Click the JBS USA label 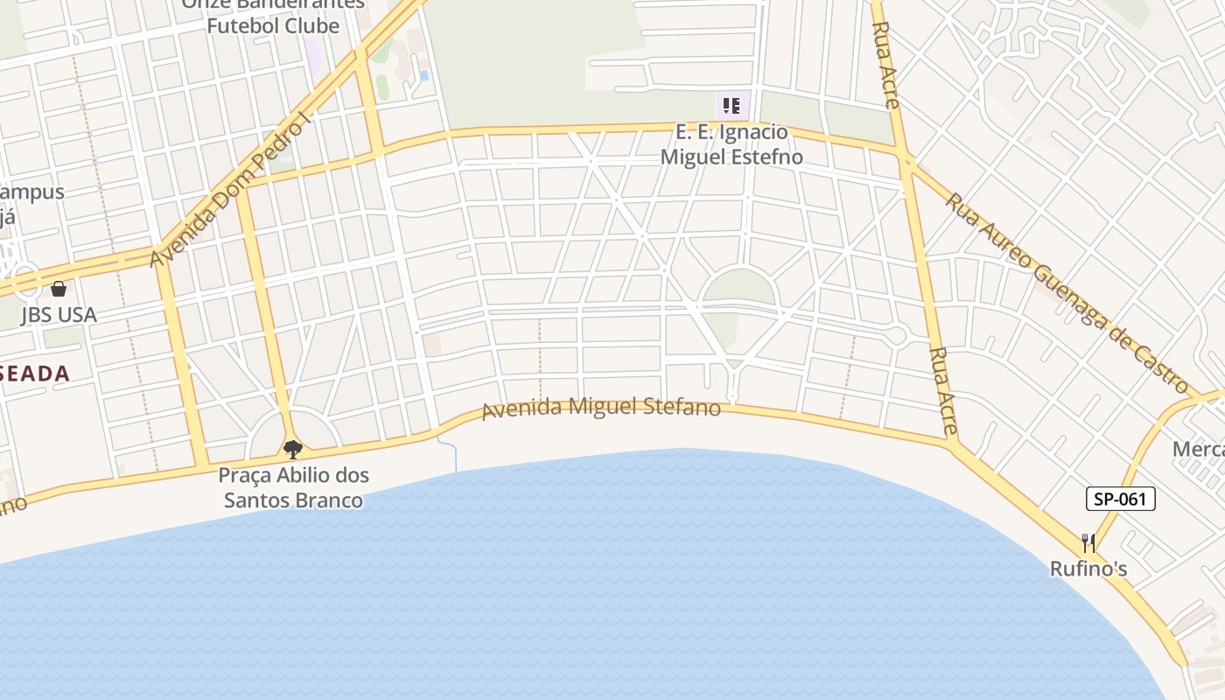click(59, 315)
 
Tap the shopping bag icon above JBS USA click(59, 288)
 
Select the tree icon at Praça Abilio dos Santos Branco click(293, 450)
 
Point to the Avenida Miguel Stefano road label click(601, 408)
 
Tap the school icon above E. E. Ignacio click(731, 106)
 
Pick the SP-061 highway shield click(1121, 499)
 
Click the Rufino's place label click(1088, 570)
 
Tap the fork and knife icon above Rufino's click(1088, 543)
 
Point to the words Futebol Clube click(273, 25)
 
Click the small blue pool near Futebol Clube click(424, 75)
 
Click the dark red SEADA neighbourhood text click(35, 374)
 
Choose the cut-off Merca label click(1199, 449)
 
